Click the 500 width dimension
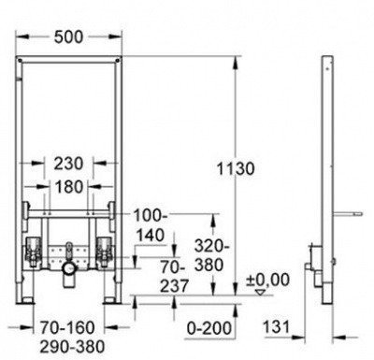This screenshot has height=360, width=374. (69, 37)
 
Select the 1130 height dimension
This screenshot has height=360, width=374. (236, 169)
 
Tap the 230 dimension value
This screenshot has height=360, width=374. (69, 164)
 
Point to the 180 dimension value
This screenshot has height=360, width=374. (69, 187)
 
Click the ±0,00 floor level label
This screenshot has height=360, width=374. (267, 280)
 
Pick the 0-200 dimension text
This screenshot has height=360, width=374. (209, 328)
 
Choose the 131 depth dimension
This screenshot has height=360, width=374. (277, 327)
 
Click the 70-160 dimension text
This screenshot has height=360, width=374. (67, 328)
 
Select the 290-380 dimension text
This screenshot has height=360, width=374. (72, 346)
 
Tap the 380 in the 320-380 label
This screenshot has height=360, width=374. (209, 266)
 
